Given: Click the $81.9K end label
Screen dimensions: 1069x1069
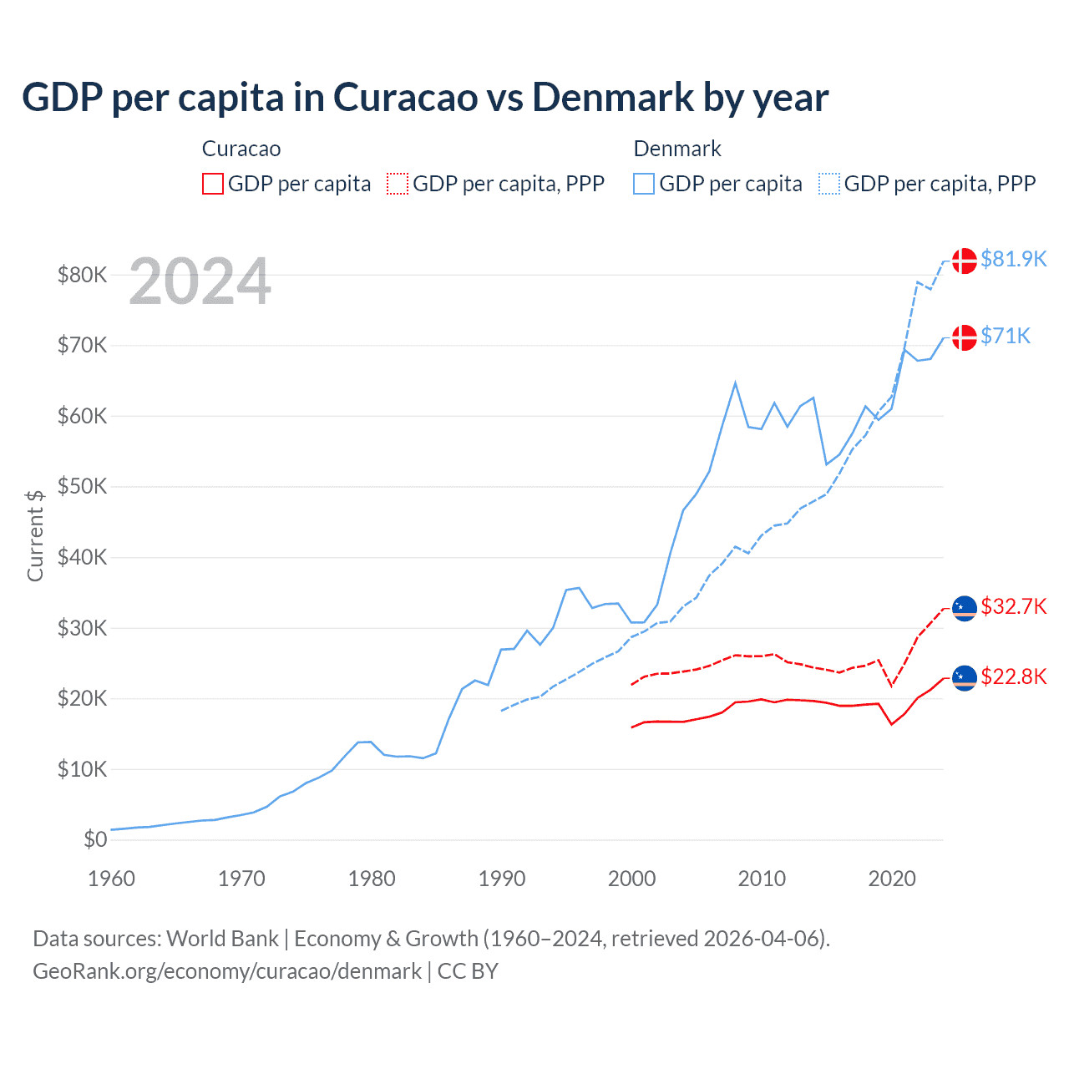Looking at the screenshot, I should pyautogui.click(x=1013, y=260).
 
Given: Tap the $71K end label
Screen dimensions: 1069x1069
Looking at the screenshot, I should pyautogui.click(x=1006, y=337).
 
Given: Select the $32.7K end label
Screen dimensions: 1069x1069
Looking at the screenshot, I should pyautogui.click(x=1013, y=606).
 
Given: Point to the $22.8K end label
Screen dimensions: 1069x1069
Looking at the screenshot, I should pyautogui.click(x=1013, y=676).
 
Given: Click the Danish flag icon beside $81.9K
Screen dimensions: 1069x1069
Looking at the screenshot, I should pyautogui.click(x=965, y=261).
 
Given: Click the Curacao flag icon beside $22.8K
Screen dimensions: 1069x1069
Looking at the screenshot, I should pyautogui.click(x=965, y=678).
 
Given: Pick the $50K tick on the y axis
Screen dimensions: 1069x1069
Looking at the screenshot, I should pyautogui.click(x=82, y=486).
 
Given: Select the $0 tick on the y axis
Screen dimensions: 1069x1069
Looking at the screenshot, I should pyautogui.click(x=95, y=839).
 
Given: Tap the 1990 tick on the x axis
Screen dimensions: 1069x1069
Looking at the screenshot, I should pyautogui.click(x=502, y=879).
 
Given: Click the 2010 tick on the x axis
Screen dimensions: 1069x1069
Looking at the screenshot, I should pyautogui.click(x=762, y=879).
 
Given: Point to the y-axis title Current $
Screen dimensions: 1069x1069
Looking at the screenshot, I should pyautogui.click(x=35, y=535).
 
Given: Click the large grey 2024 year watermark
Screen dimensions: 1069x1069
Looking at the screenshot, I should pyautogui.click(x=200, y=281).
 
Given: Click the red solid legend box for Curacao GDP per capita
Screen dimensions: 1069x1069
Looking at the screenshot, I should pyautogui.click(x=213, y=184).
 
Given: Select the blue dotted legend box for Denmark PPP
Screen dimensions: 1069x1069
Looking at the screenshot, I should pyautogui.click(x=829, y=184).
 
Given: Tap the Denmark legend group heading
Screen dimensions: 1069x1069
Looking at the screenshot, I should pyautogui.click(x=677, y=149).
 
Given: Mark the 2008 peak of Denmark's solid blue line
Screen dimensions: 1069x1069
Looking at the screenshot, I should pyautogui.click(x=735, y=383).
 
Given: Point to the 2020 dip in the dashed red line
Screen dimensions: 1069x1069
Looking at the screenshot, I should pyautogui.click(x=892, y=686).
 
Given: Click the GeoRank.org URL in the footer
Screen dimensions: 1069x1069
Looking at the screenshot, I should pyautogui.click(x=227, y=971).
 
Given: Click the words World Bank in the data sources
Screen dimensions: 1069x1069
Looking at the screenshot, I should pyautogui.click(x=222, y=939).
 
